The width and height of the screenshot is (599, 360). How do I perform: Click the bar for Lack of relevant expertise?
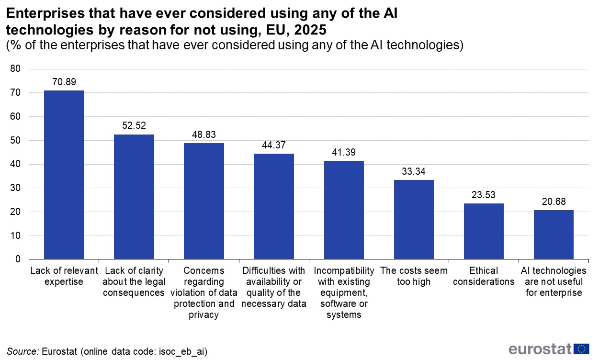tap(64, 175)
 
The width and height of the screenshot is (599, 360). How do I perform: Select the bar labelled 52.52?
tap(134, 197)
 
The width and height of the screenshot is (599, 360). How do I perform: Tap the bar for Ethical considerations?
tap(484, 231)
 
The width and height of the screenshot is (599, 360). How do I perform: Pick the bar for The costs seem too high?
tap(414, 219)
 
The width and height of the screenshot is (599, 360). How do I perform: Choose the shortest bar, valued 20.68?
tap(554, 235)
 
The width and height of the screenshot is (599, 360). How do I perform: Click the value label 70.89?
tap(64, 82)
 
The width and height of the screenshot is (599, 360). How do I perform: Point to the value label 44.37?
tap(274, 146)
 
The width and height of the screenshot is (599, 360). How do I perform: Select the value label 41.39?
tap(344, 153)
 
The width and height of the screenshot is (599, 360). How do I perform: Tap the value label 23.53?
tap(484, 195)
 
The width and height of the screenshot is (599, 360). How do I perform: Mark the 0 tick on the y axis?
tap(18, 259)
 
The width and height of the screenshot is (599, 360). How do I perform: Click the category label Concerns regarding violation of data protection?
tap(204, 292)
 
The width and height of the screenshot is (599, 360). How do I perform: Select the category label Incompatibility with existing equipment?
tap(344, 292)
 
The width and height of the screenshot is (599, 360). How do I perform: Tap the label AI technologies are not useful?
tap(554, 281)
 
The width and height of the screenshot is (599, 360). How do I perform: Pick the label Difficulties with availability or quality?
tap(274, 287)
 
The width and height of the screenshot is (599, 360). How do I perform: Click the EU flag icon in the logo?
tap(581, 349)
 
